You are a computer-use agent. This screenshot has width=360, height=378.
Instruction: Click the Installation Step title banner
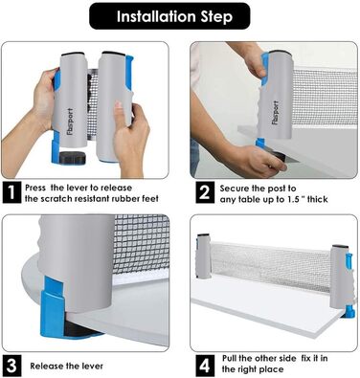point(169,16)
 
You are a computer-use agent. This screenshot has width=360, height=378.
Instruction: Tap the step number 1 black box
point(11,192)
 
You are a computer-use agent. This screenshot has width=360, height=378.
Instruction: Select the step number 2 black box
point(204,192)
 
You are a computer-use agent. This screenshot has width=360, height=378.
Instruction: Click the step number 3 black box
point(11,366)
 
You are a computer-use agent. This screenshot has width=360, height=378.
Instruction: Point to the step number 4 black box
point(204,366)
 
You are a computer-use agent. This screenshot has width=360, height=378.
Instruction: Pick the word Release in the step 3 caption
point(44,366)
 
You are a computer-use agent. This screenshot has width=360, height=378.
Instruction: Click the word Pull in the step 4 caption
point(230,358)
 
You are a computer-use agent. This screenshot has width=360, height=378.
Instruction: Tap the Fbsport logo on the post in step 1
point(70,122)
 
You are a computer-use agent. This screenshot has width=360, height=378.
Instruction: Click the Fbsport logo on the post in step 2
point(276,113)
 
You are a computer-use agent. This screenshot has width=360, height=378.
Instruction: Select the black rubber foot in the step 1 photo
point(73,157)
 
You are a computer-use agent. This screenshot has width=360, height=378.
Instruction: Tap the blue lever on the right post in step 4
point(349,266)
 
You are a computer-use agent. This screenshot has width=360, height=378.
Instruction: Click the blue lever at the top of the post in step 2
point(265,69)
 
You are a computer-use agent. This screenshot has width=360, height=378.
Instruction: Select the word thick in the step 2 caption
point(317,199)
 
